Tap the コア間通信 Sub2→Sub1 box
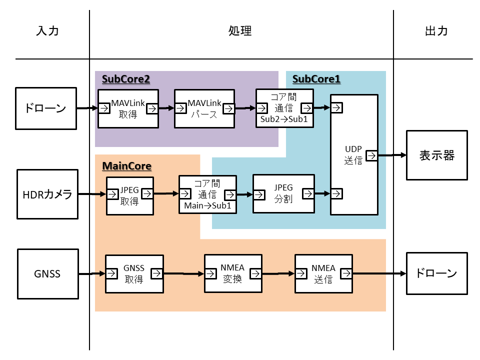(x=284, y=108)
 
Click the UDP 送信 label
(x=353, y=155)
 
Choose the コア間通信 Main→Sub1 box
(x=207, y=194)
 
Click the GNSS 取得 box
(x=134, y=273)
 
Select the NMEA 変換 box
(x=232, y=273)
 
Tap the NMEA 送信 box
(x=323, y=273)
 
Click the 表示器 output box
(x=436, y=155)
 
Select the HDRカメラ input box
(x=47, y=194)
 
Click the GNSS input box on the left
(x=47, y=273)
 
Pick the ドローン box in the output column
(x=436, y=273)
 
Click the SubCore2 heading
(x=126, y=79)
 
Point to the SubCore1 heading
(x=316, y=79)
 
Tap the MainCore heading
(x=126, y=165)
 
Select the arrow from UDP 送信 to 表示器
(x=392, y=155)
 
